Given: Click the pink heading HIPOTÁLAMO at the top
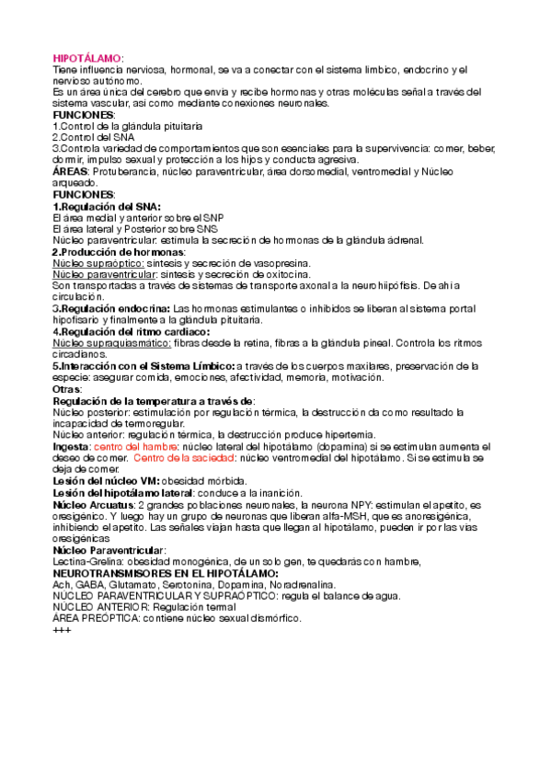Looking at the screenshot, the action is [x=87, y=58].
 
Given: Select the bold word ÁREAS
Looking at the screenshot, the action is [x=70, y=171].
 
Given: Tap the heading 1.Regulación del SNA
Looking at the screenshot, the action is [x=107, y=206].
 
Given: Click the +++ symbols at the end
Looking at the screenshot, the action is [x=63, y=629].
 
